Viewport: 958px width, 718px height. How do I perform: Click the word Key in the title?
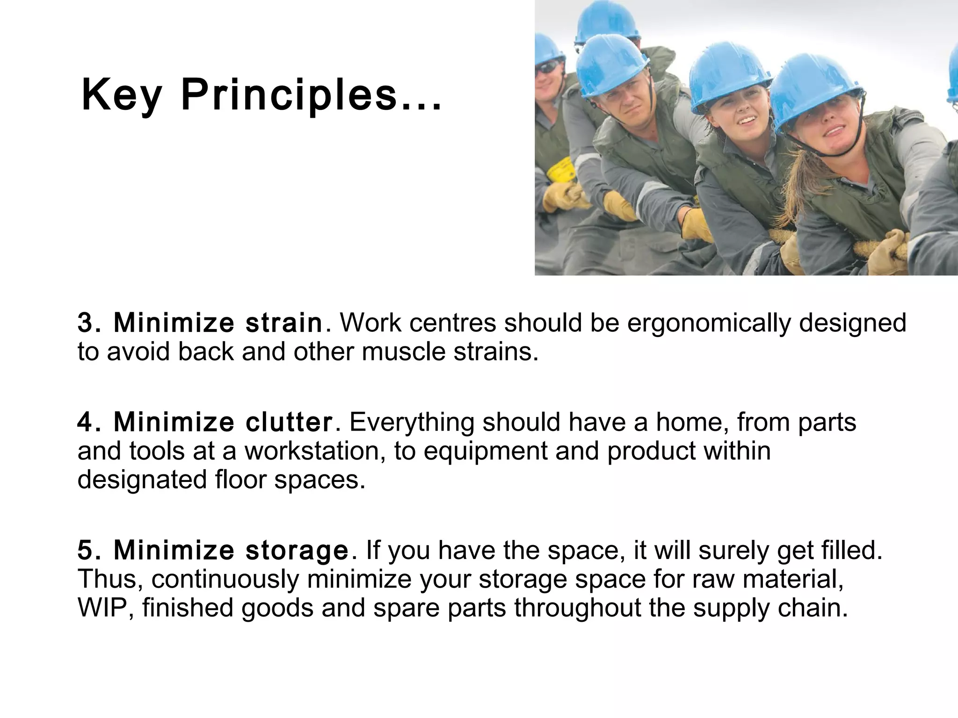122,96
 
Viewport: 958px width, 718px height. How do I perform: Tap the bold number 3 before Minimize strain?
85,323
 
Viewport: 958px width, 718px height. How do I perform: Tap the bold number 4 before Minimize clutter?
85,422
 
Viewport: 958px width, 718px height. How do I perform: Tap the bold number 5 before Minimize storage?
85,550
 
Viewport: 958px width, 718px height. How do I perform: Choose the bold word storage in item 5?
297,550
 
